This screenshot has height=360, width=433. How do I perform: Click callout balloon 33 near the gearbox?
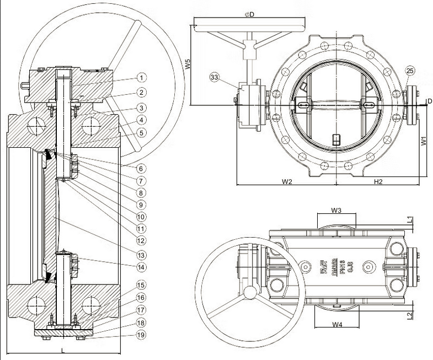click(x=215, y=78)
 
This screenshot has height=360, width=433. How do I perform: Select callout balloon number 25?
click(x=409, y=70)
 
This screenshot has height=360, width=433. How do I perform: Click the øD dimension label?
click(x=249, y=14)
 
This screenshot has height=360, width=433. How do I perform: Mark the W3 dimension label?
click(x=336, y=210)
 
